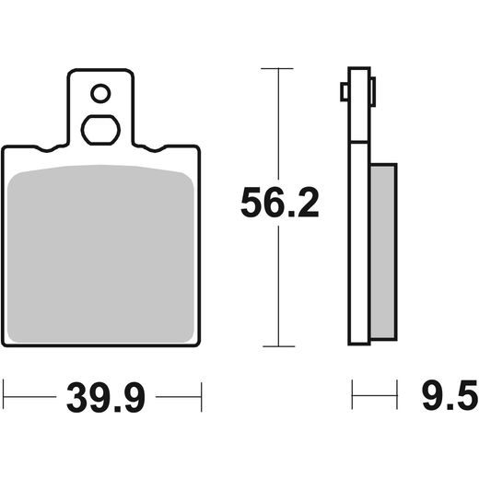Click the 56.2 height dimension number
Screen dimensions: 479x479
pyautogui.click(x=280, y=203)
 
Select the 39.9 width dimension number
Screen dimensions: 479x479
pyautogui.click(x=106, y=397)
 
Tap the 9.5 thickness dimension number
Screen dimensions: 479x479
pyautogui.click(x=450, y=395)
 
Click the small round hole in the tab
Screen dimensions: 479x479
pyautogui.click(x=100, y=93)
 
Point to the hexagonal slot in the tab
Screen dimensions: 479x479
pyautogui.click(x=100, y=130)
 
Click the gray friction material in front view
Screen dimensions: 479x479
pyautogui.click(x=100, y=254)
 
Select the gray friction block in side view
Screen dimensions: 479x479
pyautogui.click(x=383, y=251)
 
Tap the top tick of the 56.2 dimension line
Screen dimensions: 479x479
pyautogui.click(x=277, y=68)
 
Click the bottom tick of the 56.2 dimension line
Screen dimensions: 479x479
pyautogui.click(x=279, y=346)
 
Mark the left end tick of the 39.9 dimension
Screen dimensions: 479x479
pyautogui.click(x=4, y=397)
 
